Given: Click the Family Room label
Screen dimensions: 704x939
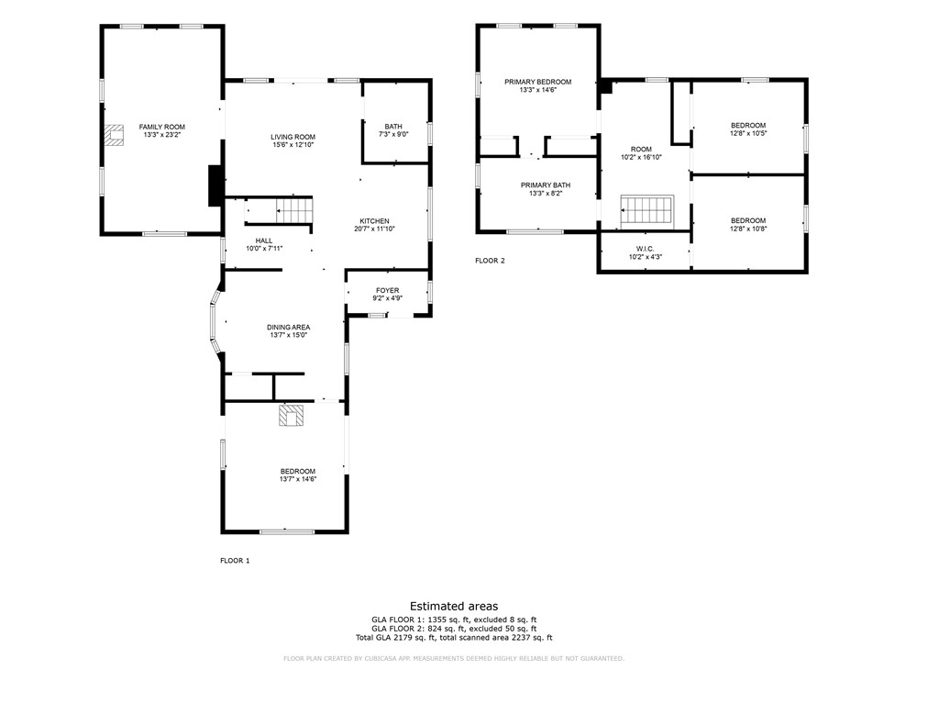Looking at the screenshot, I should click(162, 127).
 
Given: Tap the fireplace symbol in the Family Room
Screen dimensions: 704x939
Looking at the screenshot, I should click(115, 136).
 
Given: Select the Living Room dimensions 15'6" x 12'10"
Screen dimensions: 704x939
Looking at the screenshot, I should click(293, 145).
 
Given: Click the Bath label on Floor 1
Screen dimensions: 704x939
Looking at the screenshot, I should click(393, 127).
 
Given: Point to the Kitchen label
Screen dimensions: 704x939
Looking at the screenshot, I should click(374, 221).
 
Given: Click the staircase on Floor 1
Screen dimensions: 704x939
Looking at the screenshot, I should click(294, 210).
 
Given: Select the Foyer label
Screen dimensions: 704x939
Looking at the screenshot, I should click(387, 290).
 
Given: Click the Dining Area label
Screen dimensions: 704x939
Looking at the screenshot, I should click(288, 328).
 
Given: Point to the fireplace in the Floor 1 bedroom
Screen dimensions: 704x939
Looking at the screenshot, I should click(292, 416).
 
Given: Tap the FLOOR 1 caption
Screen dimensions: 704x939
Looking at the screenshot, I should click(235, 560).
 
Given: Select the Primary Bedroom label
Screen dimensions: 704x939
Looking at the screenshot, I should click(537, 82).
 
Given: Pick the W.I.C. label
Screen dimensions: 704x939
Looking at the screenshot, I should click(644, 249).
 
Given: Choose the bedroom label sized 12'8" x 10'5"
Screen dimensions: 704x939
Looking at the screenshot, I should click(747, 126).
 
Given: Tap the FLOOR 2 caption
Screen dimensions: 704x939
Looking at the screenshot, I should click(490, 261).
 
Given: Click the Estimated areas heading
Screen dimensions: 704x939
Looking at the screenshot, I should click(454, 606).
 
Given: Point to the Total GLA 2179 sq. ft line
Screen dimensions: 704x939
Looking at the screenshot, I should click(454, 637).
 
